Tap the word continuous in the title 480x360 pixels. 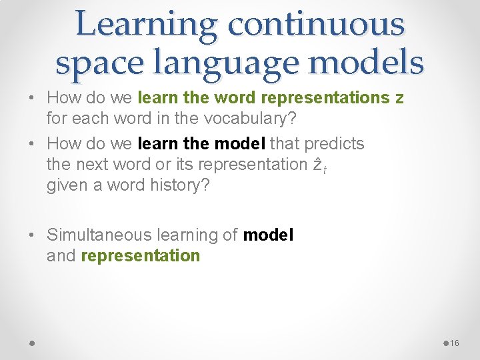point(315,25)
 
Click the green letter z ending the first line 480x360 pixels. point(399,98)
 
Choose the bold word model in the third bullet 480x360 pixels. point(269,235)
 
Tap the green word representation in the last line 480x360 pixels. point(140,255)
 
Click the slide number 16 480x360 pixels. point(455,343)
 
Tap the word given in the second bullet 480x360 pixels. point(66,185)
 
